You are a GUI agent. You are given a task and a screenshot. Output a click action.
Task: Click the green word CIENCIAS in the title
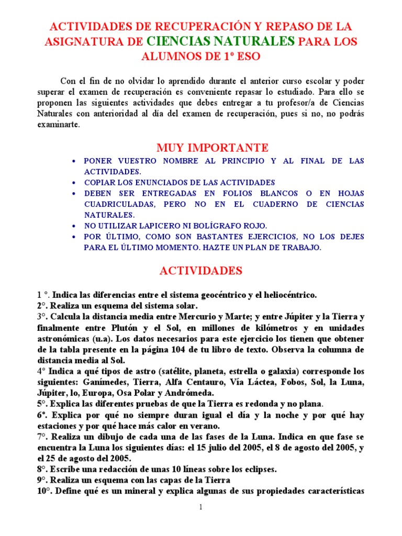click(175, 41)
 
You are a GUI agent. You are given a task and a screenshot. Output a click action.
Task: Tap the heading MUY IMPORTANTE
click(213, 148)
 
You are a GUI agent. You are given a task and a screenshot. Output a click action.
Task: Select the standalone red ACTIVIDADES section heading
click(201, 271)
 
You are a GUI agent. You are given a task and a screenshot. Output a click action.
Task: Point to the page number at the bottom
click(201, 507)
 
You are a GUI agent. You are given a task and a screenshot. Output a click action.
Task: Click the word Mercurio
click(174, 316)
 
